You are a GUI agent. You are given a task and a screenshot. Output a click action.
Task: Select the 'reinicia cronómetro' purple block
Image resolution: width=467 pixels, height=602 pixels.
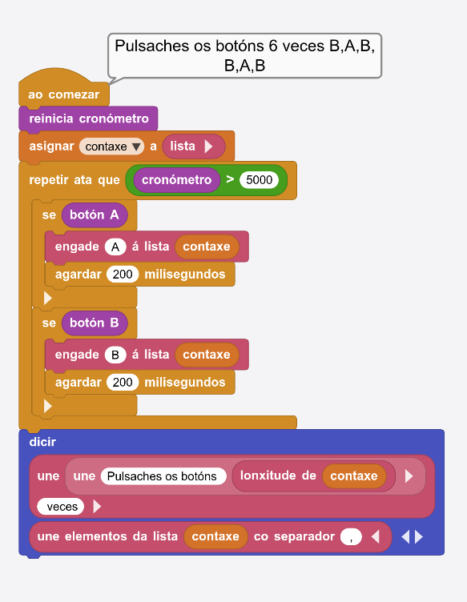pyautogui.click(x=88, y=118)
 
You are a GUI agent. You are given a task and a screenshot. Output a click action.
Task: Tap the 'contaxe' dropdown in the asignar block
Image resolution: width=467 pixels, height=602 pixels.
pyautogui.click(x=111, y=146)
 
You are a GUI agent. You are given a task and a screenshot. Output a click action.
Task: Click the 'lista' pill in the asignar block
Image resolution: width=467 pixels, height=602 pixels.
pyautogui.click(x=193, y=146)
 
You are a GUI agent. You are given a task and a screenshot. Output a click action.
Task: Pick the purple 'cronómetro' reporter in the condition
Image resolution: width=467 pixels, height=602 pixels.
pyautogui.click(x=177, y=179)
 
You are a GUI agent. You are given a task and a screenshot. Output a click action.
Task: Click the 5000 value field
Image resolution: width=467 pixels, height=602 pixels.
pyautogui.click(x=259, y=179)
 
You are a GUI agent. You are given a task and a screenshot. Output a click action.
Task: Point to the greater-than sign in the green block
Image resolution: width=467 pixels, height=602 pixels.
pyautogui.click(x=230, y=179)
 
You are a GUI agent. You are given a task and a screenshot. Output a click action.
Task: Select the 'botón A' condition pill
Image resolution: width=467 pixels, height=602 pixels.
pyautogui.click(x=94, y=215)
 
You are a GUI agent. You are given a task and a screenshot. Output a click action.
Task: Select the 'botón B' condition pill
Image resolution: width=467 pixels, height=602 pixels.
pyautogui.click(x=94, y=323)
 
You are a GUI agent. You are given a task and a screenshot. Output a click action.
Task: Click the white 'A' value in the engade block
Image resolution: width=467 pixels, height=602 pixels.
pyautogui.click(x=115, y=247)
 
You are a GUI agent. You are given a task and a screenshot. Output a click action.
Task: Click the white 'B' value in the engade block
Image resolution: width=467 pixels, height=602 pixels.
pyautogui.click(x=115, y=355)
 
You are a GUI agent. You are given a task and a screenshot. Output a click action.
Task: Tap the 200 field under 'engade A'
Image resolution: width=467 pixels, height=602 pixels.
pyautogui.click(x=123, y=274)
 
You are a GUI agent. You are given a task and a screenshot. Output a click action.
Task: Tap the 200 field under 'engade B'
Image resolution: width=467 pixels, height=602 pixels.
pyautogui.click(x=123, y=383)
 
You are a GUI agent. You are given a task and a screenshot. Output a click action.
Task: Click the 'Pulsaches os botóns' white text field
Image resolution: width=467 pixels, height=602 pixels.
pyautogui.click(x=163, y=476)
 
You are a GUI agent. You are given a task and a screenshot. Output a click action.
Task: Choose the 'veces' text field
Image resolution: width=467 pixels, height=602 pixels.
pyautogui.click(x=61, y=507)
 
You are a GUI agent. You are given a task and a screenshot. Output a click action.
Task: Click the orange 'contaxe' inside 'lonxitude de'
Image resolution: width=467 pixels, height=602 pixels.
pyautogui.click(x=354, y=476)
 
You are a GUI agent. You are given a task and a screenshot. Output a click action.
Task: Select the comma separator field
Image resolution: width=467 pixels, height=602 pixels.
pyautogui.click(x=351, y=536)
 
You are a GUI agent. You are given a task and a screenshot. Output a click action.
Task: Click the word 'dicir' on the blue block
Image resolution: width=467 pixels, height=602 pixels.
pyautogui.click(x=42, y=442)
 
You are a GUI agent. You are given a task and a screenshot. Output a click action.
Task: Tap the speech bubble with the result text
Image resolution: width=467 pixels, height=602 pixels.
pyautogui.click(x=244, y=56)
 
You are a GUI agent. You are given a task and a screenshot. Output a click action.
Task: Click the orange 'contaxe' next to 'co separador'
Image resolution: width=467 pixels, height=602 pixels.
pyautogui.click(x=215, y=536)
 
